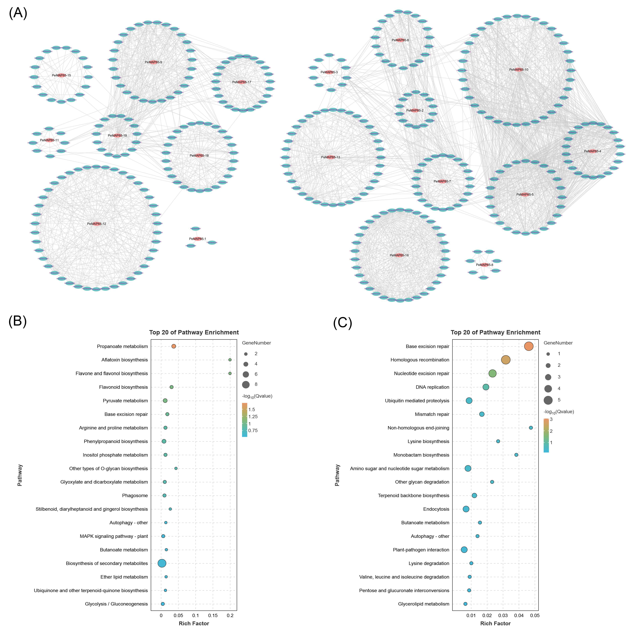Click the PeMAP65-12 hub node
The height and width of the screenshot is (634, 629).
(x=96, y=224)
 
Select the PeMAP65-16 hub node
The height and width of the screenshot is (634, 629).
(x=399, y=255)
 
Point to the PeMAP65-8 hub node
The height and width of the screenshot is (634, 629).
(x=484, y=265)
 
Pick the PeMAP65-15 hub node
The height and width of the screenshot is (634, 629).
(x=61, y=75)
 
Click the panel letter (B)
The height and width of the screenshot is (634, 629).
(x=17, y=321)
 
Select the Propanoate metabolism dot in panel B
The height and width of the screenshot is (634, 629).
(x=174, y=346)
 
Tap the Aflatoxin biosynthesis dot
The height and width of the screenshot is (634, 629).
(x=230, y=360)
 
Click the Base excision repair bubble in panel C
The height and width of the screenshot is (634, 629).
(x=529, y=346)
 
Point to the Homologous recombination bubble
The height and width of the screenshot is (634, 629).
(x=506, y=360)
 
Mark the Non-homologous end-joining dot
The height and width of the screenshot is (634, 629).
(x=531, y=428)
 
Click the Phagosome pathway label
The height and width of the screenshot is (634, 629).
(x=135, y=495)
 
